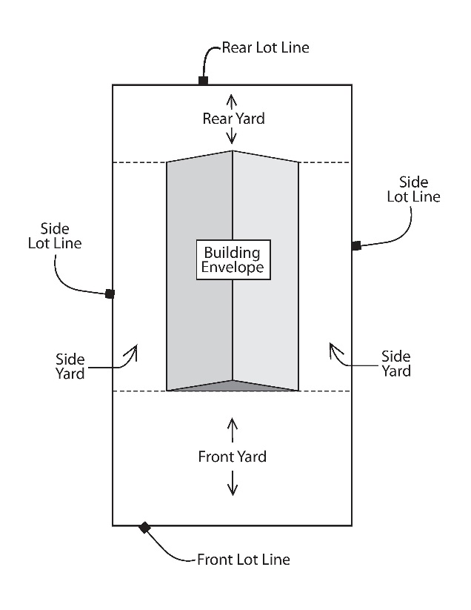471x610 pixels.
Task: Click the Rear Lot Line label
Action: tap(265, 48)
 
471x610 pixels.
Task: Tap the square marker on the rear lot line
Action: tap(203, 80)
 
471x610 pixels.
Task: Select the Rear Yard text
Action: tap(233, 118)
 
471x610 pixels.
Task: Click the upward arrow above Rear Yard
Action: tap(233, 101)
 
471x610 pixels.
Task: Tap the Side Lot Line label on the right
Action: tap(418, 189)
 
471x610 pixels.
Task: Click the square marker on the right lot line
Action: tap(356, 245)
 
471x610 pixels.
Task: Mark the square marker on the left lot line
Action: tap(110, 294)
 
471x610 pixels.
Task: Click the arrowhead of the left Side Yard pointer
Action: tap(134, 348)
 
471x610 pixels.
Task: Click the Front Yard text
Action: tap(232, 457)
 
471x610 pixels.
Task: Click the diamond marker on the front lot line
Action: tap(145, 527)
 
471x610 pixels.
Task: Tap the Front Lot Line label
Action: tap(243, 560)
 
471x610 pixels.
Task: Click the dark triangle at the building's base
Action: tap(233, 385)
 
